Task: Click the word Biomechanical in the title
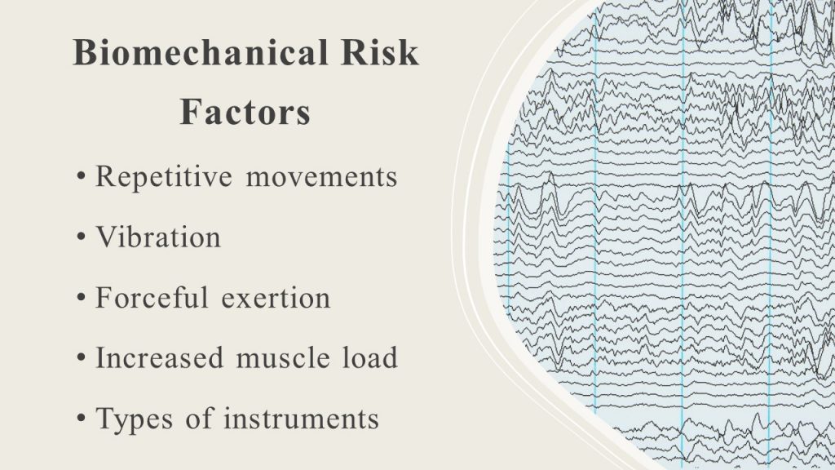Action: pos(201,52)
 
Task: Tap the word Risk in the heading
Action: pos(380,52)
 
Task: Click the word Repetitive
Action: pos(164,177)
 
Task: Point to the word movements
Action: pos(321,177)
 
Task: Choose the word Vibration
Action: pos(158,237)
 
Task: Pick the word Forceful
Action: pos(152,297)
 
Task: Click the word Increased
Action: pos(159,357)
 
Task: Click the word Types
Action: pos(135,419)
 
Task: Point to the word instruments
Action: pos(301,419)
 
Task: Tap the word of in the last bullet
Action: pos(199,418)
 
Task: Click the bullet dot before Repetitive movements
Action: pos(81,176)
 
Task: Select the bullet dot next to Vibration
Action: pos(81,237)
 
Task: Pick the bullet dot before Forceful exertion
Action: pos(81,297)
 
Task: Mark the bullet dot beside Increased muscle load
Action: pos(81,357)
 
